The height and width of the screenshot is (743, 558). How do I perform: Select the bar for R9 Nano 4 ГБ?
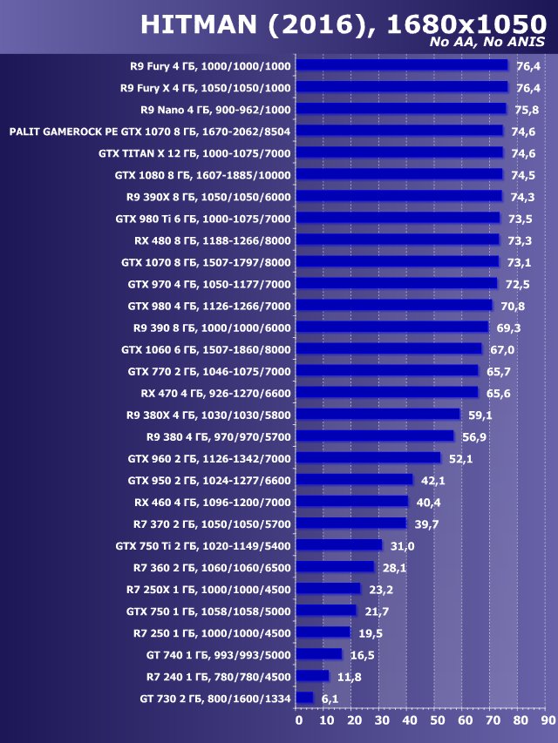click(401, 109)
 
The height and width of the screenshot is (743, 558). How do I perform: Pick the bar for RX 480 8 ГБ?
click(398, 240)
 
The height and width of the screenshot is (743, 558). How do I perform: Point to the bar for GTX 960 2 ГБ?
click(369, 458)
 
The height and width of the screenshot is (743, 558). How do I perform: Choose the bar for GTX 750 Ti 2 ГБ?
click(339, 545)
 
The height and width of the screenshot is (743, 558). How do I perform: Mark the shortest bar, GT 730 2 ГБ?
click(304, 698)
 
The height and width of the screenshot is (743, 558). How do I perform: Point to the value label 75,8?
click(527, 110)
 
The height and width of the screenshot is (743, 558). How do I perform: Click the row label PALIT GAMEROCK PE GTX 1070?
click(150, 131)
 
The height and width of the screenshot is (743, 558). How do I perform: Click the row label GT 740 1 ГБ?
click(218, 654)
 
